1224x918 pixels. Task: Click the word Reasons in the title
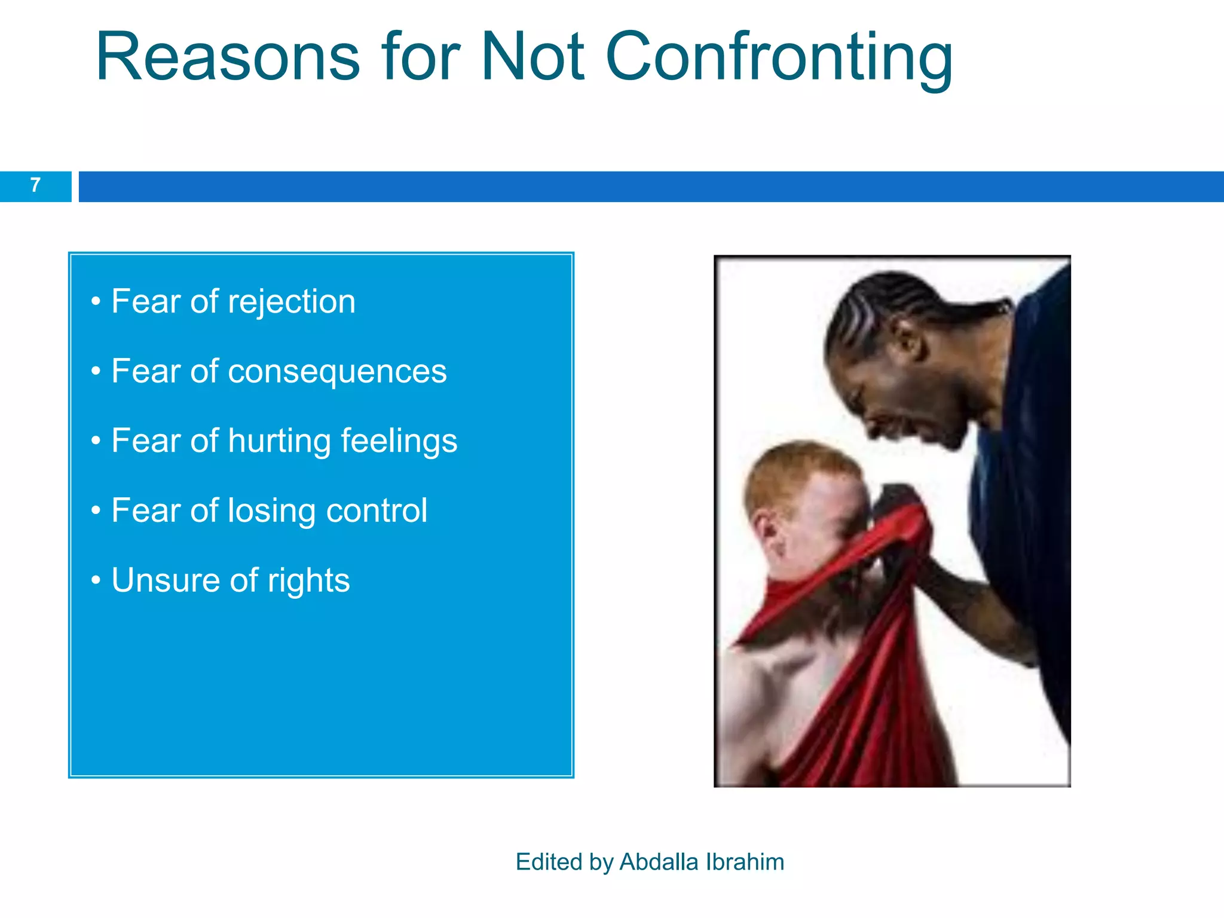click(x=227, y=57)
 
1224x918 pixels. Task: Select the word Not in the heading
click(x=532, y=57)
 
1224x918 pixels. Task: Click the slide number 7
click(x=35, y=185)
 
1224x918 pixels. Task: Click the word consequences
click(x=337, y=372)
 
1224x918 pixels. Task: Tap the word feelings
click(x=399, y=441)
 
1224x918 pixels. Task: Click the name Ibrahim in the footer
click(x=745, y=862)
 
